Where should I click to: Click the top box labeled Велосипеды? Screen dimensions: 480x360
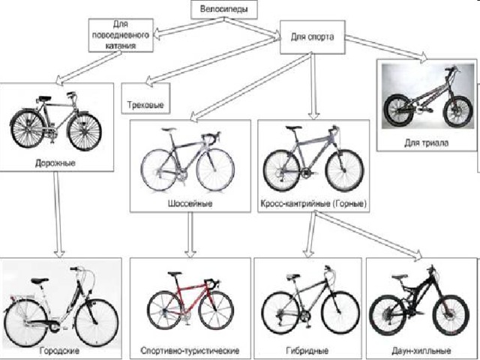coord(223,9)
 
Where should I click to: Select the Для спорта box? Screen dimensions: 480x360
coord(313,37)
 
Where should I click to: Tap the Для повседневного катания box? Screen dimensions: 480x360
coord(121,35)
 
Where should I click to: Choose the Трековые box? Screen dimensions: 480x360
coord(145,98)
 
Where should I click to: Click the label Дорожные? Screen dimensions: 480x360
coord(55,163)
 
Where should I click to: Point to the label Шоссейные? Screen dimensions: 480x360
coord(190,203)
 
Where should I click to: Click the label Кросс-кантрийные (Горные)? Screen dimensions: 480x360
coord(313,203)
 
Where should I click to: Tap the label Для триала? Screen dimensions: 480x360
coord(427,142)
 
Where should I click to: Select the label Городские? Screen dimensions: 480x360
coord(60,350)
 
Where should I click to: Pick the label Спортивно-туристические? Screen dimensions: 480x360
coord(190,350)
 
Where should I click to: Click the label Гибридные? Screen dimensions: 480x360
coord(307,350)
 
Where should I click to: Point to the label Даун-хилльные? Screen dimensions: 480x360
coord(421,350)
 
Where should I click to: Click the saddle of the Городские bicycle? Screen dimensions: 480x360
coord(40,280)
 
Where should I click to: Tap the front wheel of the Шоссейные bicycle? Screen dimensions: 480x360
coord(215,170)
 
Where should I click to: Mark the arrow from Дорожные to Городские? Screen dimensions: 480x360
coord(58,214)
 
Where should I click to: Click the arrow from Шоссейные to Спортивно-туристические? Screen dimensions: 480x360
coord(190,235)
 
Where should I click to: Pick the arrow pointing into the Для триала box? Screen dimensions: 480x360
coord(386,47)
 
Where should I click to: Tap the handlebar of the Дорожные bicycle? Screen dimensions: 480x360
coord(71,94)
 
